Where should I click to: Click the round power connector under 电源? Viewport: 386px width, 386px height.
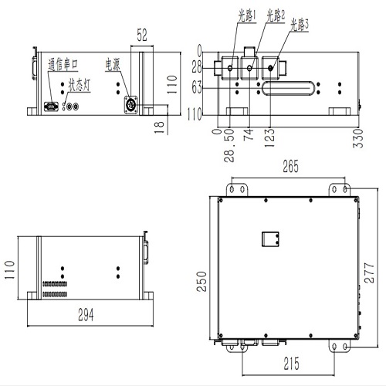130,103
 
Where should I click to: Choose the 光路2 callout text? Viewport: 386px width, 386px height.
275,14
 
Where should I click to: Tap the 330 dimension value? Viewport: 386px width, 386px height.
357,141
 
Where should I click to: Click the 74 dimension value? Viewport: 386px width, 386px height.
249,137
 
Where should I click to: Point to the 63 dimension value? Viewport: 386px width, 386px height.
199,88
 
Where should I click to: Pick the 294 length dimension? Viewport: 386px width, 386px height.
86,314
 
